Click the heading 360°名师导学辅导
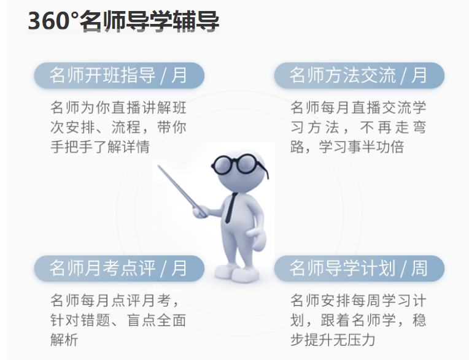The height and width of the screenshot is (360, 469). [x=123, y=21]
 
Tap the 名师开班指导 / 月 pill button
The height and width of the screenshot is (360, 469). [x=118, y=75]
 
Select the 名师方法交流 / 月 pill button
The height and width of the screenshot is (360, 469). [x=359, y=75]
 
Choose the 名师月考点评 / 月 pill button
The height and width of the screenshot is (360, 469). [x=118, y=269]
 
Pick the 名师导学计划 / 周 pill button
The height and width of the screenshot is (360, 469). [x=359, y=269]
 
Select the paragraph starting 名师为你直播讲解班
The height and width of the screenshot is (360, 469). [x=118, y=128]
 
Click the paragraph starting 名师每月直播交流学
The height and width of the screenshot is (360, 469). [x=359, y=128]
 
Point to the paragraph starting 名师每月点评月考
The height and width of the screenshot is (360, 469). [x=118, y=320]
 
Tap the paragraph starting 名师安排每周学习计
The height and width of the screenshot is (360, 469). [x=359, y=320]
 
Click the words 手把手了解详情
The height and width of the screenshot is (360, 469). [x=99, y=147]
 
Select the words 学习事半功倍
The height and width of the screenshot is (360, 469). [x=363, y=147]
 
